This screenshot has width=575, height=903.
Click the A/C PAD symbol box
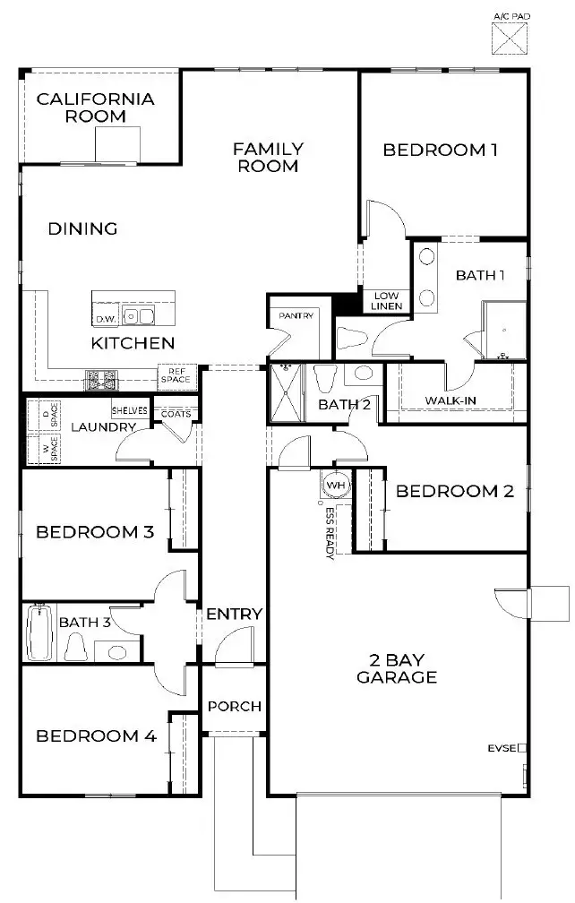coord(511,39)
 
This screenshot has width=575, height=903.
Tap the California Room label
coord(95,107)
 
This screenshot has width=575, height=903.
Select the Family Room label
coord(268,157)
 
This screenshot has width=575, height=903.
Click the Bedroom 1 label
coord(440,150)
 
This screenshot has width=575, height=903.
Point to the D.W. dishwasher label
coord(106,318)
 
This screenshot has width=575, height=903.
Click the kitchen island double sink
coord(138,316)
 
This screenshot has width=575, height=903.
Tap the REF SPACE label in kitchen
coord(176,375)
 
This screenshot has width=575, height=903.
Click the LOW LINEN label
coord(387,301)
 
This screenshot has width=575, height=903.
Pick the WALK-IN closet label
coord(450,400)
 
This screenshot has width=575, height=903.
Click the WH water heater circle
coord(336,485)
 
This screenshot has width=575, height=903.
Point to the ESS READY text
coord(330,532)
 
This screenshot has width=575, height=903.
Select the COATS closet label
coord(175,413)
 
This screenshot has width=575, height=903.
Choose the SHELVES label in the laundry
coord(130,410)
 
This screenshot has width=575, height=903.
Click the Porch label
coord(234,706)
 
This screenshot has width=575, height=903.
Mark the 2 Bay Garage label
coord(396,668)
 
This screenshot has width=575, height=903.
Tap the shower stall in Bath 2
coord(287,390)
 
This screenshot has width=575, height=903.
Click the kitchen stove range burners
coord(101,380)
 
